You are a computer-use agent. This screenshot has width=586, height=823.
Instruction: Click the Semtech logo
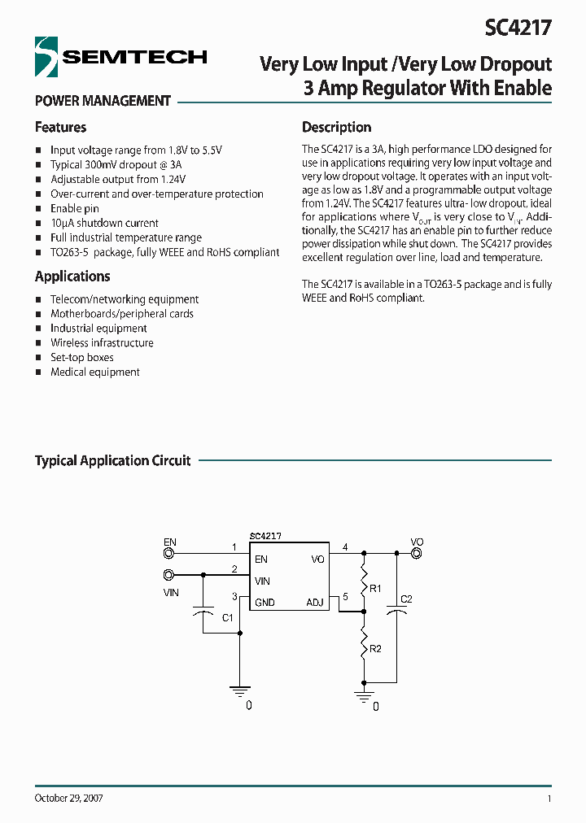coord(120,57)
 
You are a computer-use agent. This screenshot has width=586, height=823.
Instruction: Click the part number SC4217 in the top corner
coord(518,28)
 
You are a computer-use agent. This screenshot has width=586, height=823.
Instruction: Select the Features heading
coord(60,128)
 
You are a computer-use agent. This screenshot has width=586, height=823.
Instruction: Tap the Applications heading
coord(72,277)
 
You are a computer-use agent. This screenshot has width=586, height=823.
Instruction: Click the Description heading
coord(336,128)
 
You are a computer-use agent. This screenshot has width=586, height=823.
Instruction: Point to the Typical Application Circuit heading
coord(112,461)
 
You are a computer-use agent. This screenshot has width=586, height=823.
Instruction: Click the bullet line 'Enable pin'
coord(75,209)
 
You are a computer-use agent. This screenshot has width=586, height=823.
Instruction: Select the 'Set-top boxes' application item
coord(82,358)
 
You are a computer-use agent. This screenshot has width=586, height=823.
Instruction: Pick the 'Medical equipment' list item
coord(95,372)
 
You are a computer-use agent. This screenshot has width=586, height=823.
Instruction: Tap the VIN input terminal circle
coord(169,575)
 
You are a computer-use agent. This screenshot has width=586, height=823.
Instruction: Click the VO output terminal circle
coord(416,554)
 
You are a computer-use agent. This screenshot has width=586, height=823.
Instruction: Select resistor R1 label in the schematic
coord(375,588)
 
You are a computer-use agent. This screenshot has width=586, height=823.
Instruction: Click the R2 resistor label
coord(375,649)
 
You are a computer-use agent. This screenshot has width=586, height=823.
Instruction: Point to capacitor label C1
coord(228,617)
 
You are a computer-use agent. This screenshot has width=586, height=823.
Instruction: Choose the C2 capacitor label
coord(407,599)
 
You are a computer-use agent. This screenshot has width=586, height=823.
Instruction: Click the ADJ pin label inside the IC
coord(315,603)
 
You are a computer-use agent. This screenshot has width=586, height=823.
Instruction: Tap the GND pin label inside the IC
coord(265,603)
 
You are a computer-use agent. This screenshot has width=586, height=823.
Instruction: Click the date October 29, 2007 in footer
coord(68,799)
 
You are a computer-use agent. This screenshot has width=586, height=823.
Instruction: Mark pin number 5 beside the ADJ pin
coord(345,597)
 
